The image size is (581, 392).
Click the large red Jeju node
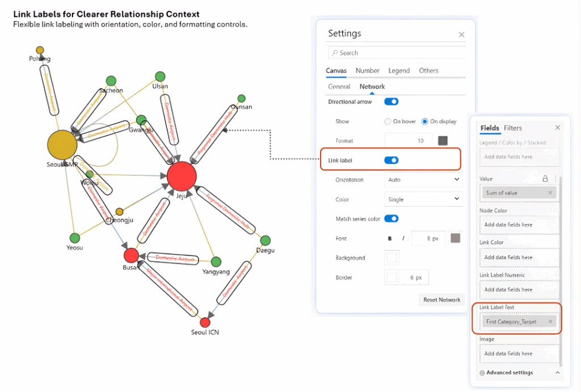pyautogui.click(x=182, y=176)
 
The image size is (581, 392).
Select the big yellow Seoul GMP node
pyautogui.click(x=62, y=145)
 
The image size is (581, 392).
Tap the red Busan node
pyautogui.click(x=131, y=255)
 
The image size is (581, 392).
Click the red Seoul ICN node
pyautogui.click(x=205, y=322)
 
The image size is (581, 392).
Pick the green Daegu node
pyautogui.click(x=265, y=241)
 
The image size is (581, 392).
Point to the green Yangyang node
pyautogui.click(x=216, y=262)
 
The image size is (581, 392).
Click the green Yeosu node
pyautogui.click(x=74, y=238)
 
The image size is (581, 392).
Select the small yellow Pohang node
pyautogui.click(x=40, y=50)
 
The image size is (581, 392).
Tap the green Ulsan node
pyautogui.click(x=160, y=77)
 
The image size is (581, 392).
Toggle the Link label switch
pyautogui.click(x=391, y=161)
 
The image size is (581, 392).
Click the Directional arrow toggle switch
pyautogui.click(x=391, y=102)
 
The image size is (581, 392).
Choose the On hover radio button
pyautogui.click(x=388, y=121)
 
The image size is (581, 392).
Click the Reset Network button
pyautogui.click(x=441, y=300)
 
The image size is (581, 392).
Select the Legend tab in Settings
pyautogui.click(x=399, y=70)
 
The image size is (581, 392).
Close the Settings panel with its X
pyautogui.click(x=461, y=35)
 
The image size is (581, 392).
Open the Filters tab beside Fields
pyautogui.click(x=513, y=128)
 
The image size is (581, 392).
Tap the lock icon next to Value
pyautogui.click(x=545, y=178)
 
